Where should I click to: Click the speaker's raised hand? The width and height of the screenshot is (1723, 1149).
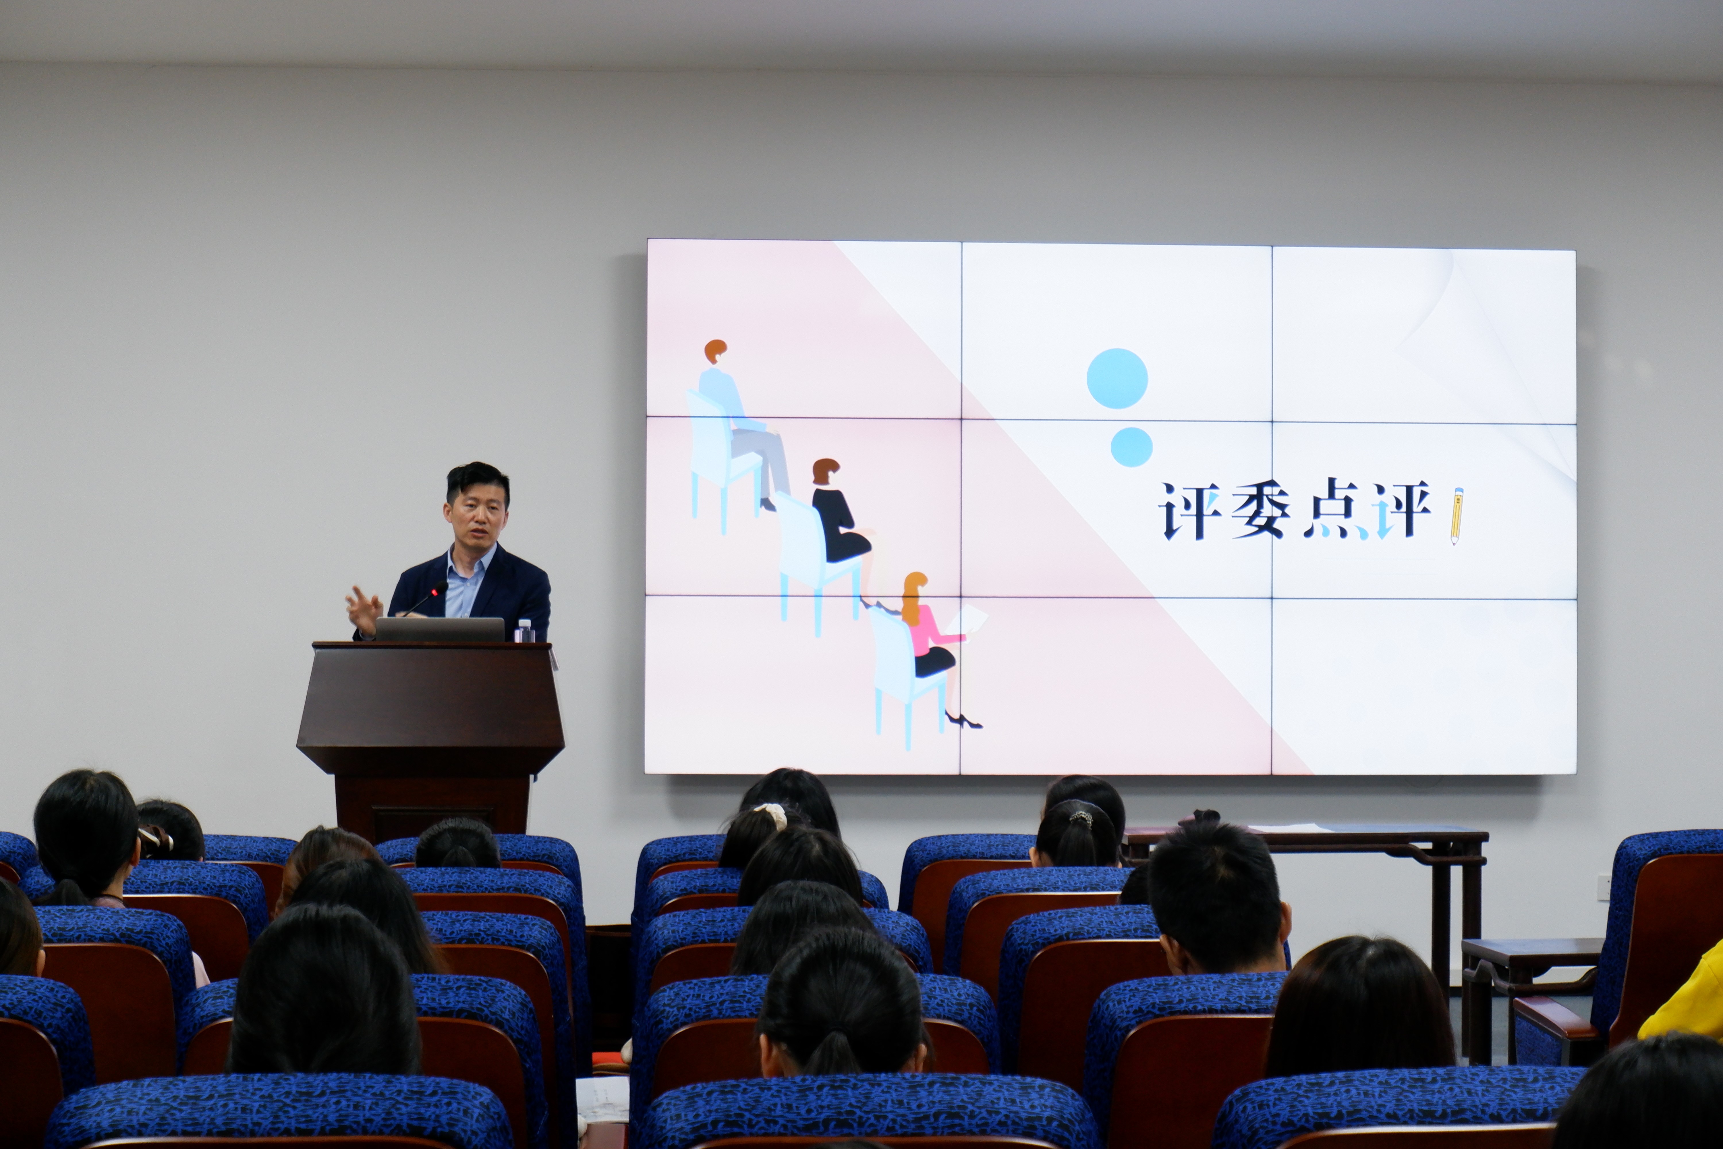(364, 608)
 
